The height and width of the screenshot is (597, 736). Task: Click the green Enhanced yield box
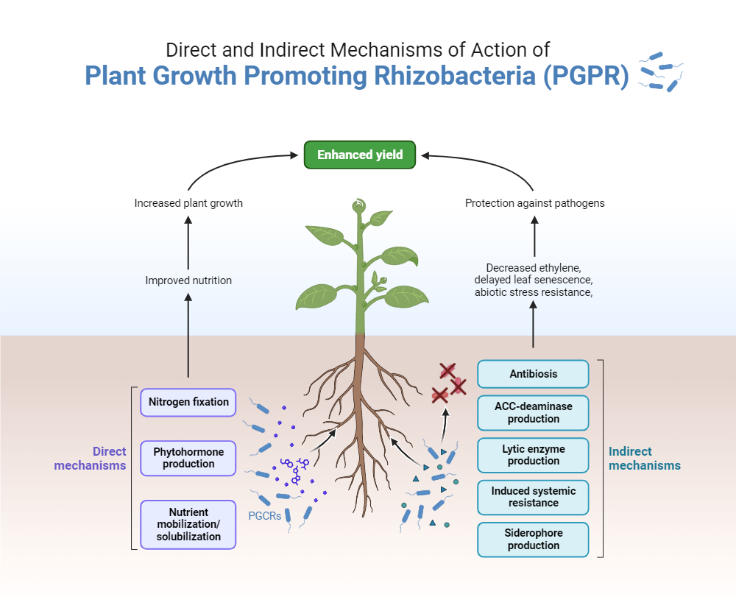pyautogui.click(x=360, y=155)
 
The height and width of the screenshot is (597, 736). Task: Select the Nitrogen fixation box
pyautogui.click(x=188, y=403)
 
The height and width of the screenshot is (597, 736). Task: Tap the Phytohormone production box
pyautogui.click(x=188, y=458)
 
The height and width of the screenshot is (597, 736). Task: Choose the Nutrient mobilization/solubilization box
pyautogui.click(x=188, y=524)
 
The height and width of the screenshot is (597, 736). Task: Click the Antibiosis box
pyautogui.click(x=533, y=374)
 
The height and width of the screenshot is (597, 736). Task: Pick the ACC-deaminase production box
pyautogui.click(x=533, y=412)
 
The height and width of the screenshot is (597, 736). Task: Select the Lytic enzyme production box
pyautogui.click(x=533, y=455)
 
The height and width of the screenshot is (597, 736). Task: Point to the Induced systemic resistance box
pyautogui.click(x=533, y=497)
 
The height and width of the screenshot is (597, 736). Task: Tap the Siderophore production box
pyautogui.click(x=533, y=540)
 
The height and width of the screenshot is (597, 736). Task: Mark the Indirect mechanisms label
pyautogui.click(x=645, y=459)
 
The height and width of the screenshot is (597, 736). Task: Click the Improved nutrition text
pyautogui.click(x=188, y=280)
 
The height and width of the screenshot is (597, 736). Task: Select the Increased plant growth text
pyautogui.click(x=188, y=203)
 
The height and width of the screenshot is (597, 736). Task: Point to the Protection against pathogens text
pyautogui.click(x=534, y=203)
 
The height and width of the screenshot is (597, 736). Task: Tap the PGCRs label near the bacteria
pyautogui.click(x=265, y=516)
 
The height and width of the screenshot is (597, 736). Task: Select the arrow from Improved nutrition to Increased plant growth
pyautogui.click(x=188, y=243)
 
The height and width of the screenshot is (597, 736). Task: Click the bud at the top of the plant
pyautogui.click(x=358, y=207)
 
